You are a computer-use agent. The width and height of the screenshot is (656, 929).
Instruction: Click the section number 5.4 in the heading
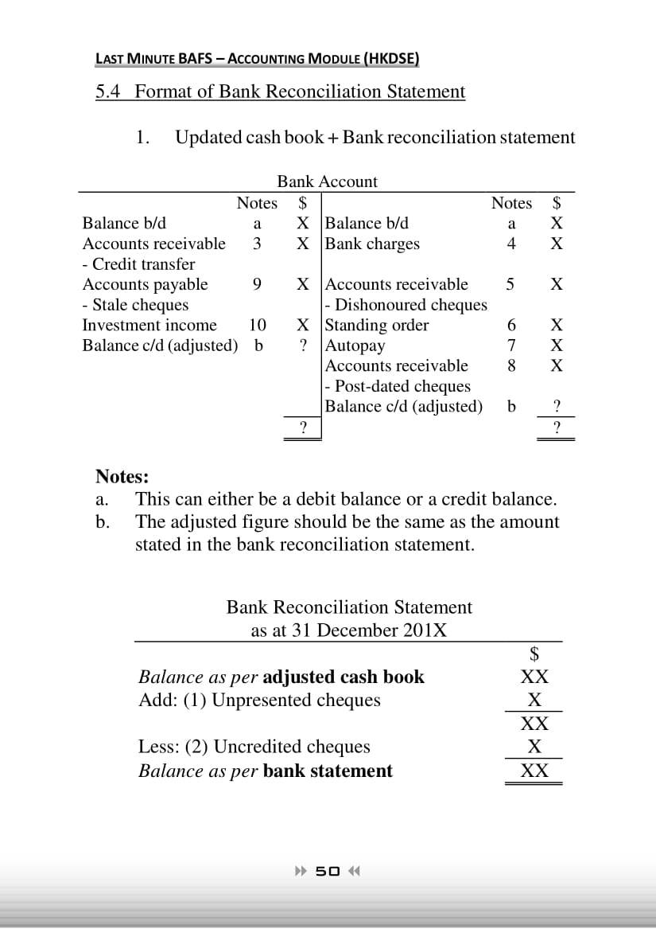(x=109, y=92)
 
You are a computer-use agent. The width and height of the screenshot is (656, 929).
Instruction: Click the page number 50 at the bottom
(x=328, y=870)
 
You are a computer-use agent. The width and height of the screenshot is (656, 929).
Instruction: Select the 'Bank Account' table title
(x=327, y=182)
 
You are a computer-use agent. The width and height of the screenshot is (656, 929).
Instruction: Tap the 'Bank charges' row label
(x=373, y=244)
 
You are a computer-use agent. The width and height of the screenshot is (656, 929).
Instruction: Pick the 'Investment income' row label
(x=149, y=325)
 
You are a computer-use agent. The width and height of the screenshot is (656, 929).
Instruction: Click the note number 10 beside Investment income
(x=257, y=325)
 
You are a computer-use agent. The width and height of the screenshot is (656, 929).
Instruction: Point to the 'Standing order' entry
(x=378, y=325)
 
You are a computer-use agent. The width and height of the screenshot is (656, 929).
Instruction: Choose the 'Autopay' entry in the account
(x=355, y=345)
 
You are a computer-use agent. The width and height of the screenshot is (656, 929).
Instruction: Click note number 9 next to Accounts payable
(x=256, y=284)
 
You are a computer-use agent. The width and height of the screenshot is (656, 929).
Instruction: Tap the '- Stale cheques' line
(x=136, y=305)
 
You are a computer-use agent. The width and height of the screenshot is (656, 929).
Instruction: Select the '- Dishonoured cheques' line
(x=406, y=305)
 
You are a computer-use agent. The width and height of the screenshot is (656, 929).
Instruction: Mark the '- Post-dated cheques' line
(x=398, y=386)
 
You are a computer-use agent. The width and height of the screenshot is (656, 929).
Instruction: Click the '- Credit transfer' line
(x=139, y=264)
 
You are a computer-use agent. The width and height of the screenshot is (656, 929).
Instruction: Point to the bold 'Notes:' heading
(x=122, y=477)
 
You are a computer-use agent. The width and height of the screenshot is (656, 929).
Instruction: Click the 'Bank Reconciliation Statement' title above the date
(x=349, y=607)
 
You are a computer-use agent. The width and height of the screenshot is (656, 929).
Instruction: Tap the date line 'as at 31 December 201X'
(x=349, y=630)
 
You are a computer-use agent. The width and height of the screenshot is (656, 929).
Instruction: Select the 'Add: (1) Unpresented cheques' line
(x=259, y=701)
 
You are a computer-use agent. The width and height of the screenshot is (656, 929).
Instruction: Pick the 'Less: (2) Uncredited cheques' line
(x=254, y=747)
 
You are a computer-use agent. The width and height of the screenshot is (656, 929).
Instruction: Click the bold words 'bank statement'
(x=328, y=771)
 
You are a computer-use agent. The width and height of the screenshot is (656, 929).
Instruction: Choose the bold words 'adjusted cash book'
(x=343, y=677)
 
